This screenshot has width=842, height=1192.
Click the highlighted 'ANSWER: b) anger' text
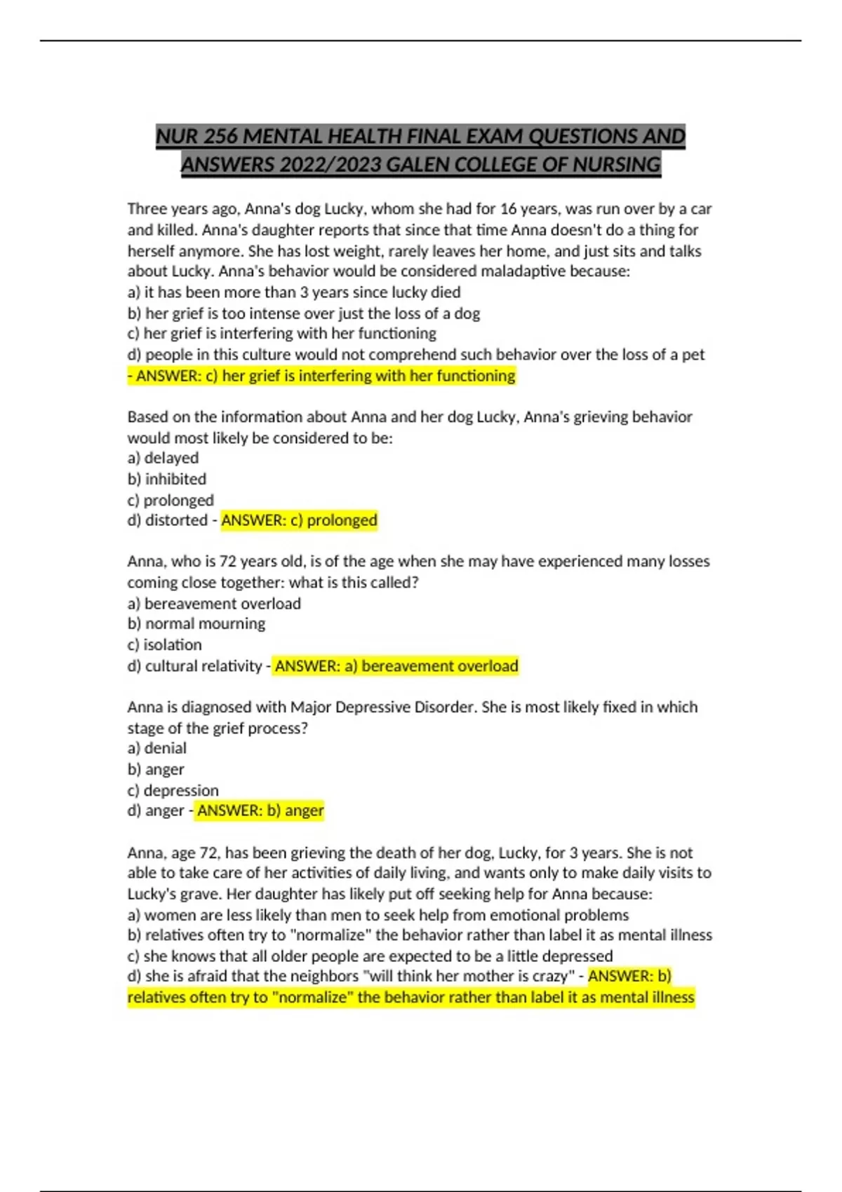pyautogui.click(x=260, y=811)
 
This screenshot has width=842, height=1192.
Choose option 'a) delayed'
pyautogui.click(x=163, y=458)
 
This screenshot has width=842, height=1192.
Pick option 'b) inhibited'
pyautogui.click(x=167, y=479)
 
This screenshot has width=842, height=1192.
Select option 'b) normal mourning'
pyautogui.click(x=196, y=623)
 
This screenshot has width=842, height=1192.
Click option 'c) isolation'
pyautogui.click(x=164, y=644)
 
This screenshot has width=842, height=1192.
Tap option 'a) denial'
pyautogui.click(x=157, y=748)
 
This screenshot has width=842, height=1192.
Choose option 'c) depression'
pyautogui.click(x=173, y=790)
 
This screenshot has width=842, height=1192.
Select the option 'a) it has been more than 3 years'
pyautogui.click(x=294, y=292)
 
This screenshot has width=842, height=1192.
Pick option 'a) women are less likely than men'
pyautogui.click(x=377, y=915)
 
